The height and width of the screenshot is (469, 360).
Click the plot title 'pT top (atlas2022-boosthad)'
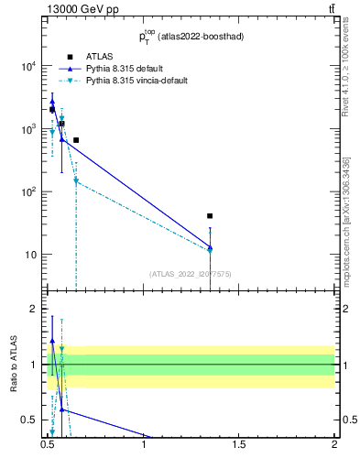(x=191, y=38)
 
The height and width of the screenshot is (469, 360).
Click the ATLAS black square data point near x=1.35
(x=210, y=216)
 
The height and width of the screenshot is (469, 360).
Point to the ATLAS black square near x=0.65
(x=76, y=140)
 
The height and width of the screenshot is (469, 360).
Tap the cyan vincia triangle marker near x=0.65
(x=76, y=181)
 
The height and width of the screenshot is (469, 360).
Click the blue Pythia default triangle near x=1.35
(x=210, y=247)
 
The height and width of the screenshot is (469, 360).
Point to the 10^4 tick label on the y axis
(x=27, y=67)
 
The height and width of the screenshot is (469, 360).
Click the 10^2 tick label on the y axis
(x=27, y=192)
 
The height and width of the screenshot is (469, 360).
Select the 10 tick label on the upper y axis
(x=30, y=255)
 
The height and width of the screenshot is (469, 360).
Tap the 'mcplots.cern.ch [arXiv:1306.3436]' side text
(x=346, y=222)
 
